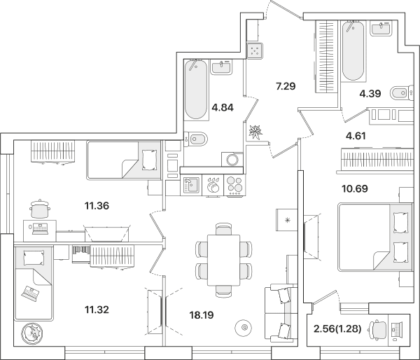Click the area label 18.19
tap(202, 315)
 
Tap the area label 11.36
tap(97, 206)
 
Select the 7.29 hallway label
tap(286, 86)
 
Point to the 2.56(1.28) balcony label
tap(337, 328)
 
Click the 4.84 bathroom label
tap(223, 107)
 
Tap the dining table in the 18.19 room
tap(224, 261)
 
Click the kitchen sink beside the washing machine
tap(191, 185)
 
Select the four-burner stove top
tap(234, 185)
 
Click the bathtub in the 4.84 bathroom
tap(196, 89)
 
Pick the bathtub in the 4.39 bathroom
tap(353, 50)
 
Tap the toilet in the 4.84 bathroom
tap(197, 139)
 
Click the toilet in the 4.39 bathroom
tap(402, 92)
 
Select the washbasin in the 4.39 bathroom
tap(380, 28)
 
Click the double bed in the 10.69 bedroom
tap(375, 237)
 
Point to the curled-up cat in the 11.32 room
tap(32, 333)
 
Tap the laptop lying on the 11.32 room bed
tap(30, 293)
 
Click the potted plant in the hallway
tap(255, 132)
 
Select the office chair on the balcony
tap(378, 328)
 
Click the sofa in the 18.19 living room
tap(281, 313)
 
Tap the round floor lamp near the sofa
tap(243, 327)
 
